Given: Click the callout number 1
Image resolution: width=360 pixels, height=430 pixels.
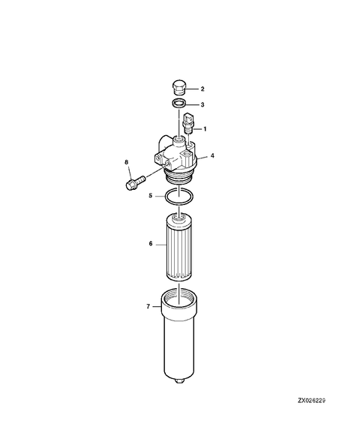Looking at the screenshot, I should click(x=205, y=129).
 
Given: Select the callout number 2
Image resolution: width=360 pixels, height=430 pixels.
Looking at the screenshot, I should click(x=202, y=89).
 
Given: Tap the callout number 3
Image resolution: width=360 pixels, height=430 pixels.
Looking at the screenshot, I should click(x=202, y=105).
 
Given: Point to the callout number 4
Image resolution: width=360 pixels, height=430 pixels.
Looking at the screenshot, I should click(x=213, y=156).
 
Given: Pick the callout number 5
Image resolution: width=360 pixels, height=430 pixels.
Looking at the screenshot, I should click(x=151, y=196).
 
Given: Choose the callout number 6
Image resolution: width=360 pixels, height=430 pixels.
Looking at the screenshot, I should click(x=150, y=244).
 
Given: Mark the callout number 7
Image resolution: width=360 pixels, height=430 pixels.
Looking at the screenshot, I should click(x=148, y=305).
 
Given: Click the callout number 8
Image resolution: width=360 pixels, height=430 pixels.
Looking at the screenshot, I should click(x=127, y=161).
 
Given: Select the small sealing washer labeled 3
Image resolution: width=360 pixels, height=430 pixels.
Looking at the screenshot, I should click(x=178, y=104).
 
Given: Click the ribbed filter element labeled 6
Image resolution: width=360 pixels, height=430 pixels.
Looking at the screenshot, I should click(x=179, y=248).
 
